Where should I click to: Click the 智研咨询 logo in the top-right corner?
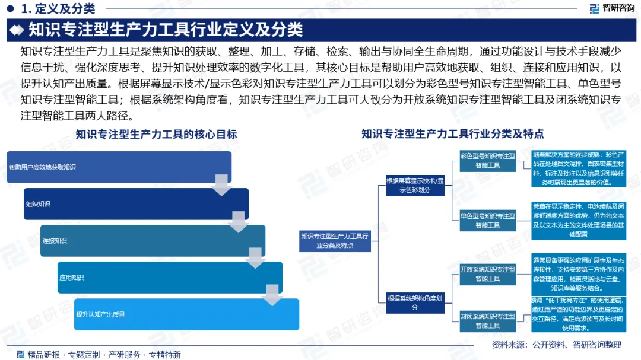click(x=611, y=8)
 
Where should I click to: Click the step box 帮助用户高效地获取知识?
click(x=119, y=167)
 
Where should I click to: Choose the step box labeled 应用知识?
click(x=169, y=278)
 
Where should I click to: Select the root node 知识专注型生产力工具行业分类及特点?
click(x=335, y=240)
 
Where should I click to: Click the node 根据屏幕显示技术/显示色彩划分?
click(x=415, y=185)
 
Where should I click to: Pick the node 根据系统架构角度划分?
click(x=415, y=302)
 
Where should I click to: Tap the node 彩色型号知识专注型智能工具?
click(x=487, y=161)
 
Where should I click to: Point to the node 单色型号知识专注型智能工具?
click(x=487, y=221)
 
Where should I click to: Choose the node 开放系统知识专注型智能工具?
click(x=487, y=273)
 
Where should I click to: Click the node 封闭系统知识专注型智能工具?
click(x=487, y=321)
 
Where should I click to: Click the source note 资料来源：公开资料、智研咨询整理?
click(x=556, y=345)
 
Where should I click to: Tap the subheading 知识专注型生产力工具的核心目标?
click(x=156, y=135)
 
